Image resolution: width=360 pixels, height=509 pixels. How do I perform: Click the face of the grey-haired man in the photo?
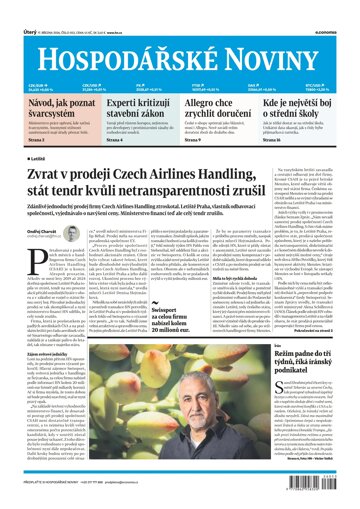click(215, 330)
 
